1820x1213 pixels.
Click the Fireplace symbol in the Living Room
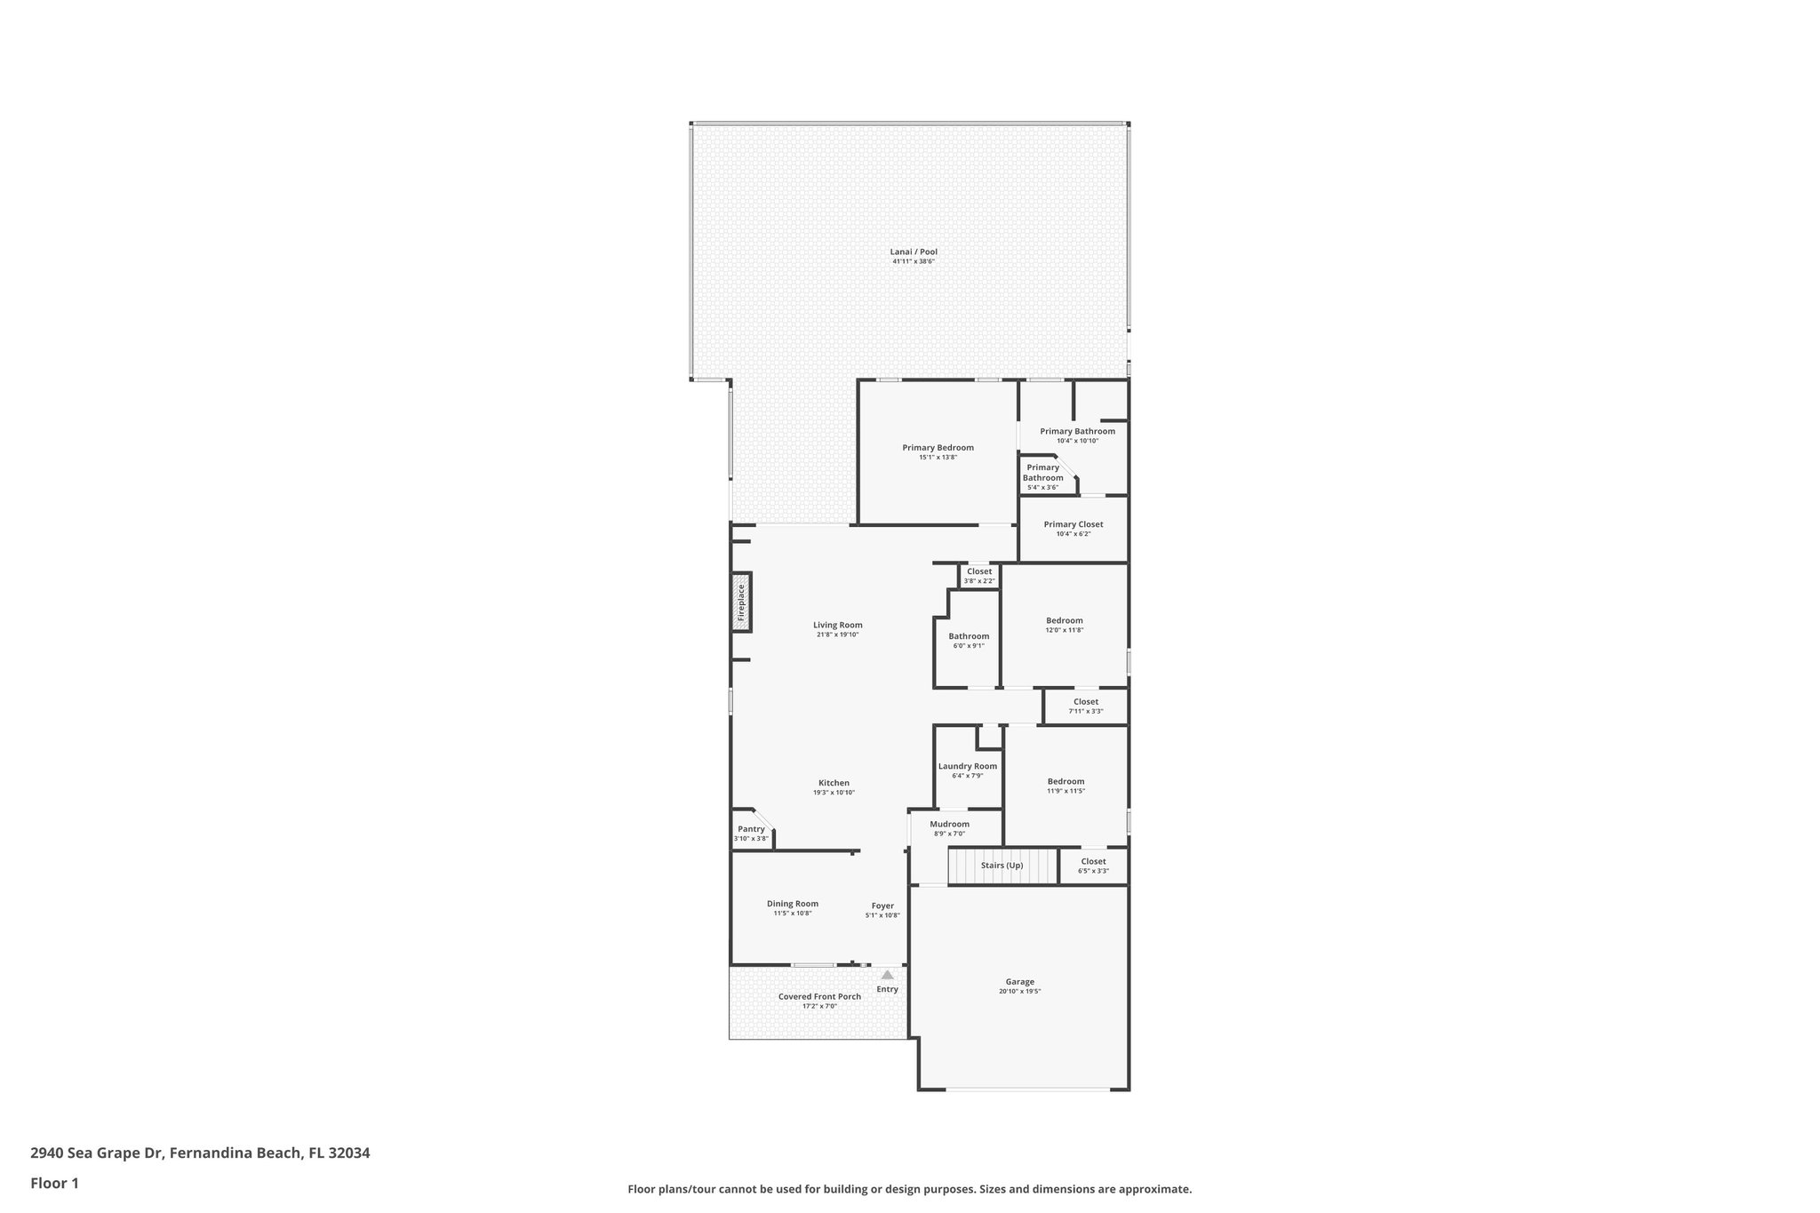coord(741,603)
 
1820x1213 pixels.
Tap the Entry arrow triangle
coord(887,975)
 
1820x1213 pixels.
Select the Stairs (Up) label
coord(1002,865)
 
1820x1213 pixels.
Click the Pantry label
coord(751,829)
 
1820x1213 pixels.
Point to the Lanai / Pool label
coord(914,251)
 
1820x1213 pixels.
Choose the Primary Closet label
coord(1074,524)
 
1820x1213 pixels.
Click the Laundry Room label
coord(968,766)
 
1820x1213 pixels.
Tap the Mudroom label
coord(949,824)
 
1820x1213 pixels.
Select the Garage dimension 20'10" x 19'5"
coord(1019,991)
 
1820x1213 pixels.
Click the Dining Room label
coord(793,904)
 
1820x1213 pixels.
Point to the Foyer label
coord(882,906)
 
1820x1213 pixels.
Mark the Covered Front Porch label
coord(819,996)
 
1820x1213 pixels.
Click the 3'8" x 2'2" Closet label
coord(979,571)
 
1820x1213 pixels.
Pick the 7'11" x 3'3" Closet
coord(1085,702)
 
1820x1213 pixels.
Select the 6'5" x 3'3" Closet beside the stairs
coord(1093,861)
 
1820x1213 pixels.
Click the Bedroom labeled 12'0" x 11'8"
coord(1064,620)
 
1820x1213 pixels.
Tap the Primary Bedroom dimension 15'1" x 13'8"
coord(938,457)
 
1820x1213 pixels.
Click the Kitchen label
coord(834,783)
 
